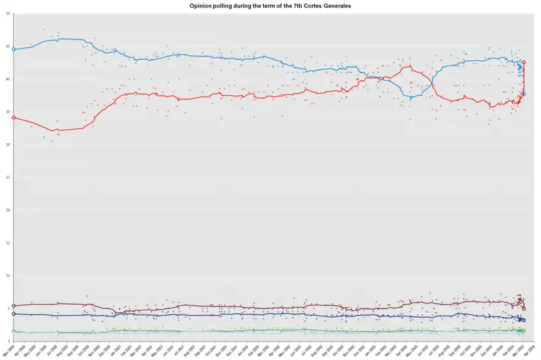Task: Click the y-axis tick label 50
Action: coord(7,14)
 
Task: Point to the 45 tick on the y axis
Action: coord(7,47)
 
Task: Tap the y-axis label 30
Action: coord(7,145)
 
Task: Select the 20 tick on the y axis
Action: coord(7,211)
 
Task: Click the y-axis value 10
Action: coord(7,276)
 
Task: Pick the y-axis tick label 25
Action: coord(7,178)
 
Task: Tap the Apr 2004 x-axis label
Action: coord(528,351)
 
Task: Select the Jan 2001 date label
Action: coord(113,351)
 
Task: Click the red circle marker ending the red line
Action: coord(524,62)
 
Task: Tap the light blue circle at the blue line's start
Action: coord(14,49)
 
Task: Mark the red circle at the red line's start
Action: coord(14,117)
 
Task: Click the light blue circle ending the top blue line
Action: coord(524,94)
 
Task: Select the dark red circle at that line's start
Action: coord(14,305)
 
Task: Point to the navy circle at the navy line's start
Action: coord(14,314)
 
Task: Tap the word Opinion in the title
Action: coord(200,5)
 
